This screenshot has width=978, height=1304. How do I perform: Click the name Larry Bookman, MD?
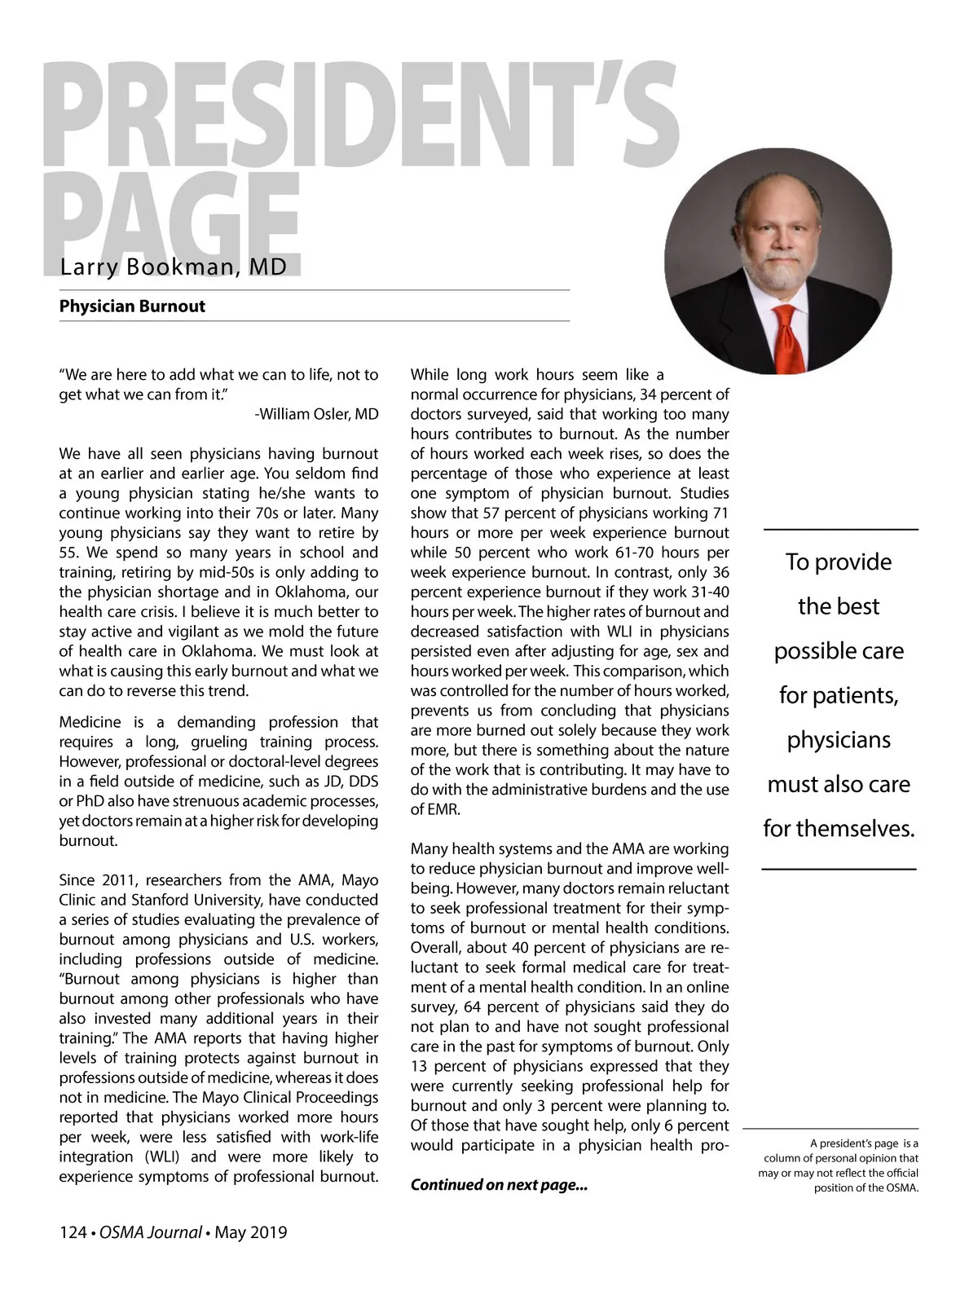click(x=173, y=267)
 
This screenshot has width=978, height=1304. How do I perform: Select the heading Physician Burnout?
click(x=132, y=306)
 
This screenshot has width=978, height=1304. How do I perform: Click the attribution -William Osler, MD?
click(x=316, y=414)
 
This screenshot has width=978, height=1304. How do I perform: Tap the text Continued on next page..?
click(x=499, y=1185)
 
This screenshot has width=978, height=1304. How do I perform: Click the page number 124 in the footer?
click(x=72, y=1232)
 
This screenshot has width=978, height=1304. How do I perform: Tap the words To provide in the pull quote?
click(x=839, y=562)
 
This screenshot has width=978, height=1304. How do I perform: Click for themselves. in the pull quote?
click(x=839, y=829)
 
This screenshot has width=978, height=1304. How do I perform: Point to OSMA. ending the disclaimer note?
click(x=901, y=1187)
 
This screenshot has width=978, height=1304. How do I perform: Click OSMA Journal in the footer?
click(x=151, y=1232)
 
